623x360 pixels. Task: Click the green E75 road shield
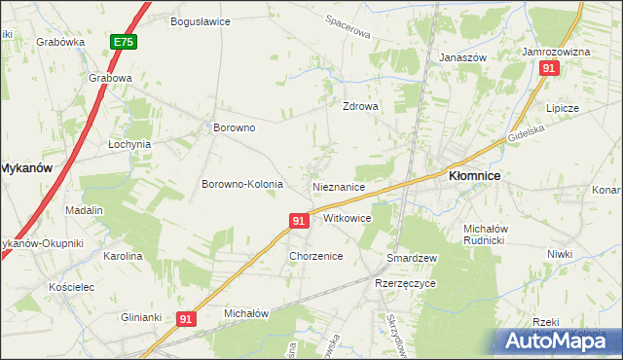point(123,43)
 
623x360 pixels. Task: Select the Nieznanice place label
point(339,186)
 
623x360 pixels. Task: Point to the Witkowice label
point(347,218)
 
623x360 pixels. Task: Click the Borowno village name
point(234,127)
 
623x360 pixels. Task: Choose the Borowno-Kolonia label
point(241,184)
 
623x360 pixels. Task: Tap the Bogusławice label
point(200,20)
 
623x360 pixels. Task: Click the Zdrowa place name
point(359,107)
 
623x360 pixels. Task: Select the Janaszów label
point(462,57)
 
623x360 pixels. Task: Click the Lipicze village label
point(563,108)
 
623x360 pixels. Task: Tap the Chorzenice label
point(315,256)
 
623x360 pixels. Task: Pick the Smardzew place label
point(412,258)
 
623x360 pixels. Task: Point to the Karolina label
point(123,256)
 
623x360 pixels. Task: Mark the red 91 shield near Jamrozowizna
point(549,68)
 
